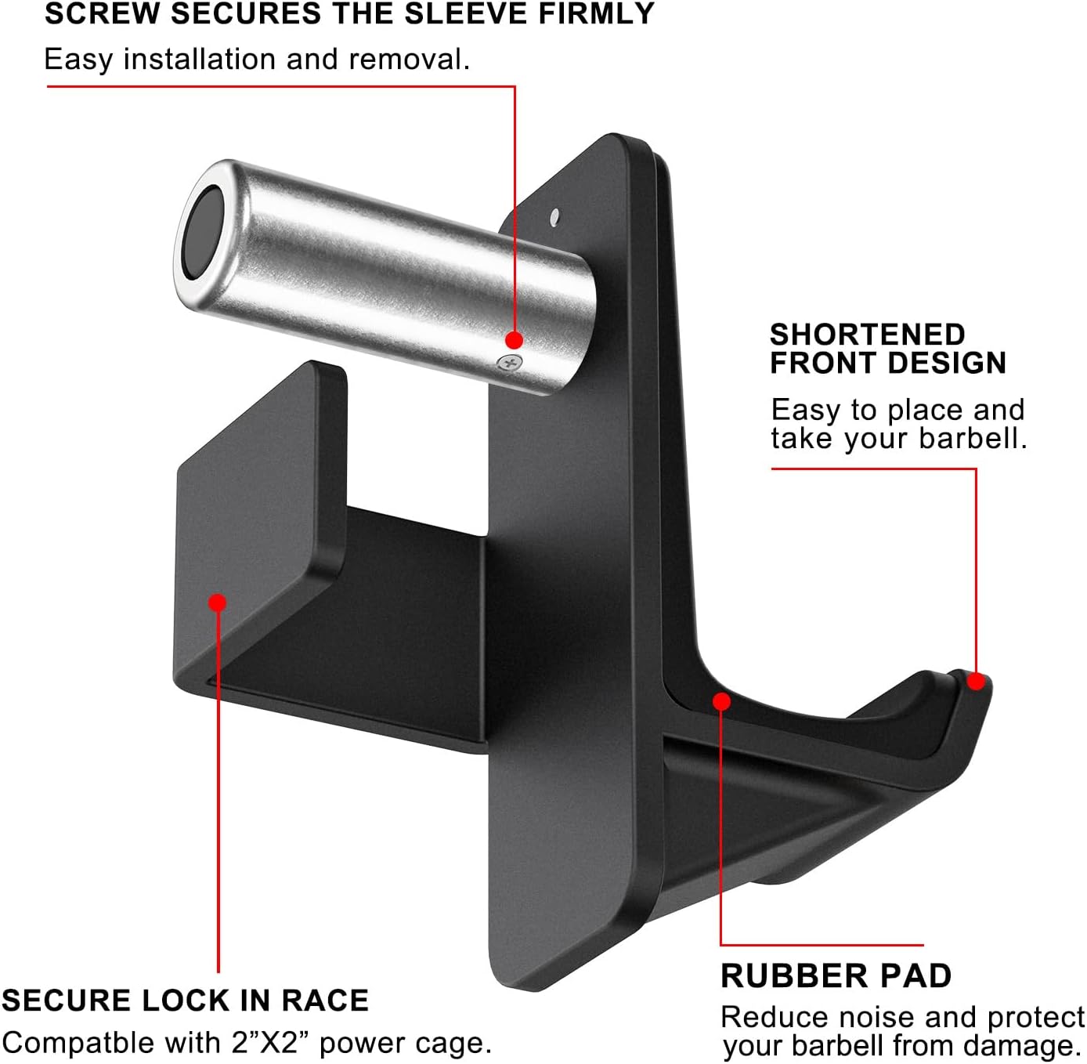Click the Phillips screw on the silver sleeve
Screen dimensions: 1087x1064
tap(509, 364)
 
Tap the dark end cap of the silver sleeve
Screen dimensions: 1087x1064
tap(202, 233)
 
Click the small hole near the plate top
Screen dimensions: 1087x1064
tap(554, 217)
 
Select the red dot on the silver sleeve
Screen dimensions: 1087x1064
tap(514, 340)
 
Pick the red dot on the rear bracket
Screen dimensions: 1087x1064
tap(217, 603)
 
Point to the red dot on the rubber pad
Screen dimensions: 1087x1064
tap(721, 701)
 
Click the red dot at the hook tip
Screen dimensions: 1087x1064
tap(976, 681)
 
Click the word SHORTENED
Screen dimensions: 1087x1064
tap(868, 335)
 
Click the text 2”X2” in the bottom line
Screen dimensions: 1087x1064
tap(270, 1043)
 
